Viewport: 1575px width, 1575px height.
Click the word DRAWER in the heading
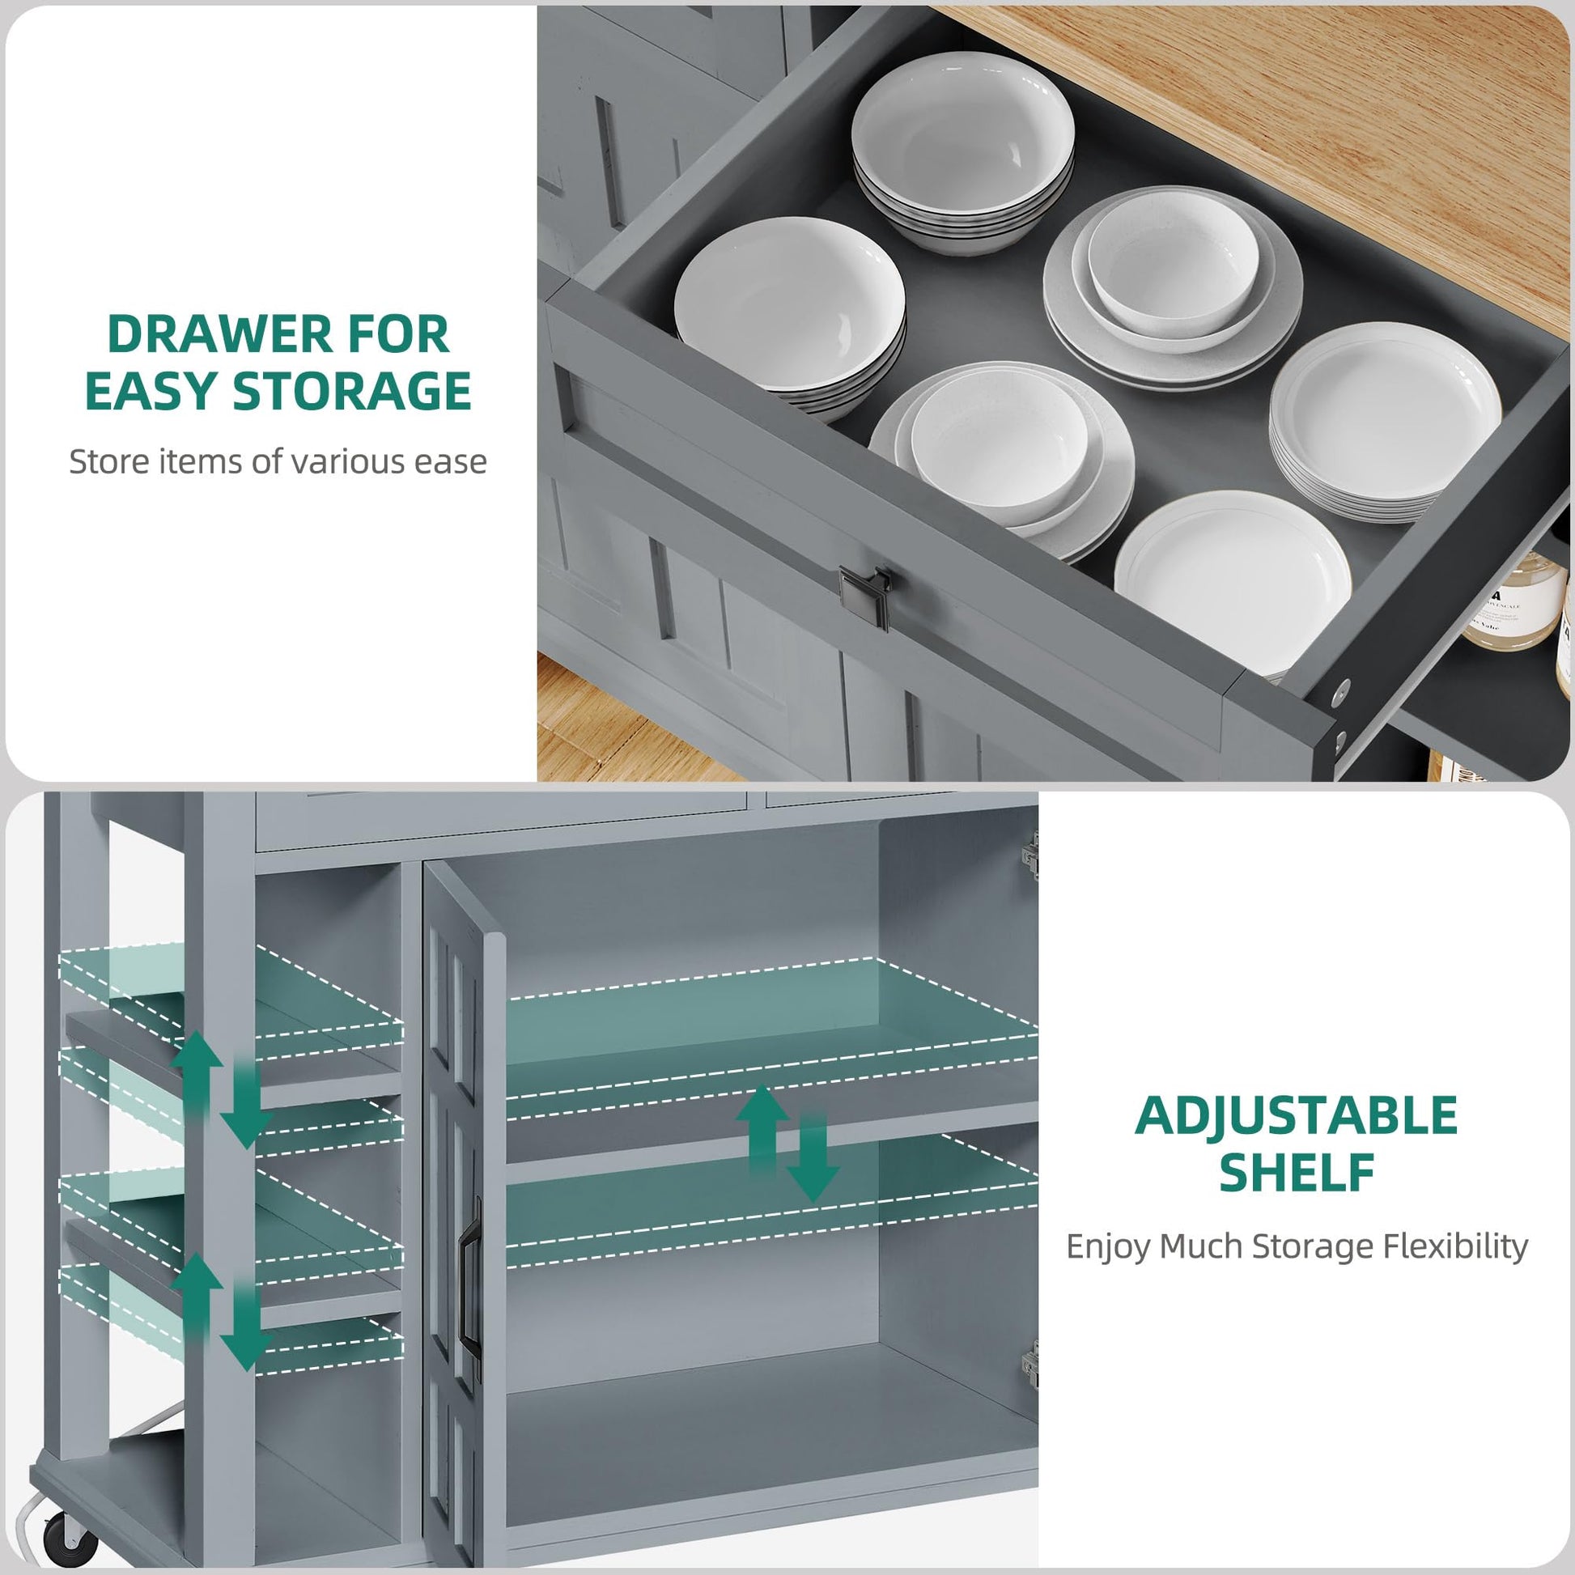tap(220, 334)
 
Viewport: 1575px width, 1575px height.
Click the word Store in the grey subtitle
tap(108, 461)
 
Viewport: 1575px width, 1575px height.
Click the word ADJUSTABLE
tap(1296, 1115)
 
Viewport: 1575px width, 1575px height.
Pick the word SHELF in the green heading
tap(1297, 1172)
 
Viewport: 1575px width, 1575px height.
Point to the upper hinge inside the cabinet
tap(1031, 855)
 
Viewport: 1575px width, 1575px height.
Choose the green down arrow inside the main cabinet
tap(812, 1157)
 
